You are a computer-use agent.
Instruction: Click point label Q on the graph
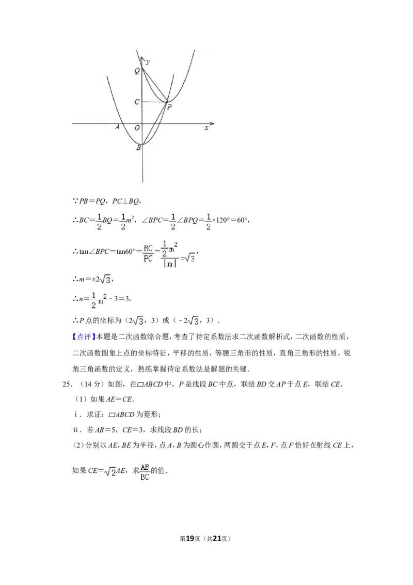[x=137, y=71]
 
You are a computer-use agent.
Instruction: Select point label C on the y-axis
[x=137, y=102]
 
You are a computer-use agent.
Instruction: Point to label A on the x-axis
[x=117, y=127]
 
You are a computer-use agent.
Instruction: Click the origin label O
[x=137, y=128]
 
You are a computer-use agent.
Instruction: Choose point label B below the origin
[x=138, y=148]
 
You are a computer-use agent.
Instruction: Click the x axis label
[x=206, y=128]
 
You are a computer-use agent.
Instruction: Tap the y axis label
[x=148, y=61]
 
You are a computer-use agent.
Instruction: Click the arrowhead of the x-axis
[x=213, y=124]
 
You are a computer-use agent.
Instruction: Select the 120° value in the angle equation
[x=223, y=220]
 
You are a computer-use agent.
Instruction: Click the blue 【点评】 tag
[x=84, y=337]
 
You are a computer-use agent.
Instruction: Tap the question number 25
[x=67, y=384]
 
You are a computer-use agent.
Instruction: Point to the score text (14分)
[x=90, y=384]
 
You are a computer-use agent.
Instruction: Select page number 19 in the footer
[x=190, y=538]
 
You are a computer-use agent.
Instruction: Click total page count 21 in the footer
[x=217, y=538]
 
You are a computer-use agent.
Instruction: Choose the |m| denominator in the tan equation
[x=170, y=263]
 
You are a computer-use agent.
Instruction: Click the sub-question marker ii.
[x=76, y=430]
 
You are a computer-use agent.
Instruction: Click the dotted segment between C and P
[x=153, y=102]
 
